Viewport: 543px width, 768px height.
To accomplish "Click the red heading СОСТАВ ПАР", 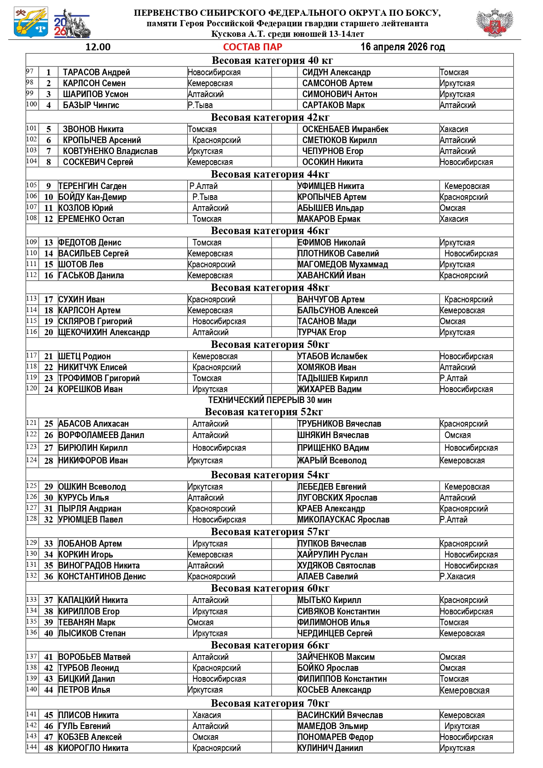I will click(x=252, y=47).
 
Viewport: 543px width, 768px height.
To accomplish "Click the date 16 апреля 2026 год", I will click(x=403, y=47).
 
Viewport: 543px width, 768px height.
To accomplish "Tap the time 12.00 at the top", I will click(x=98, y=47).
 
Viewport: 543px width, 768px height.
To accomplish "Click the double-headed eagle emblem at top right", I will click(x=494, y=22).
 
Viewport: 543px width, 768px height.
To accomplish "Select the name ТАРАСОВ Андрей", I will click(x=96, y=72).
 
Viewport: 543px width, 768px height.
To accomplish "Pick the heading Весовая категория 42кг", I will click(x=270, y=117).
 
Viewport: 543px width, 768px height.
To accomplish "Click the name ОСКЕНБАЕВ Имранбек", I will click(x=345, y=129).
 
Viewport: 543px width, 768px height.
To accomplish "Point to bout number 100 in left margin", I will click(x=32, y=104).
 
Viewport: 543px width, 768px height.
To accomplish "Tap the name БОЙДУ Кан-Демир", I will click(x=92, y=197).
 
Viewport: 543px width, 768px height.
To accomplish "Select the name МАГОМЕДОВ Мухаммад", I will click(x=343, y=264).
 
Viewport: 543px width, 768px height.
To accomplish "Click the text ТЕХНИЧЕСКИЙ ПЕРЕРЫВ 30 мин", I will click(x=270, y=400).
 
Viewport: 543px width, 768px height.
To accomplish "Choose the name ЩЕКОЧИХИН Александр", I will click(x=104, y=332).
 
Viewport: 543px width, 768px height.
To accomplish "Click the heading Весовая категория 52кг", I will click(x=264, y=412).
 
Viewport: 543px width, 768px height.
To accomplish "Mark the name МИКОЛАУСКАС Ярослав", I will click(x=343, y=519).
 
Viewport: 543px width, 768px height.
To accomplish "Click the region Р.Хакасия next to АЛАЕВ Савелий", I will click(x=457, y=576).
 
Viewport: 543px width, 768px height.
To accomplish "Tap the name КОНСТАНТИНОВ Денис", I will click(x=102, y=576).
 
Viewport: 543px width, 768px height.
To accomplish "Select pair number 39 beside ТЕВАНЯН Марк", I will click(x=49, y=622).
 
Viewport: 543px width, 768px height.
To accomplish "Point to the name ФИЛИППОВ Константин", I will click(x=342, y=679).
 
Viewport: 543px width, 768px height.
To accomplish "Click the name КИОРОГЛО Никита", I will click(x=93, y=748).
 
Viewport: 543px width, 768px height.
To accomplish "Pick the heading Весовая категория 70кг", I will click(x=270, y=703).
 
